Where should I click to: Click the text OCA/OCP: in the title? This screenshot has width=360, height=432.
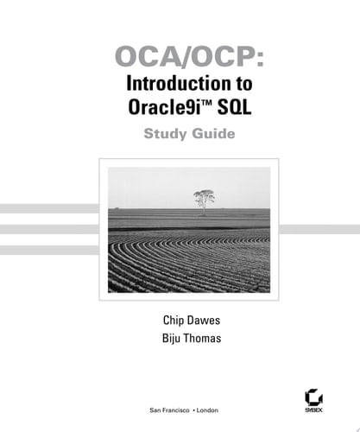pos(180,60)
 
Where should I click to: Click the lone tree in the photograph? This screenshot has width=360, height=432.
pos(205,198)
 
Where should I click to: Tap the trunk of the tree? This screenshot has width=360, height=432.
pos(205,206)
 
